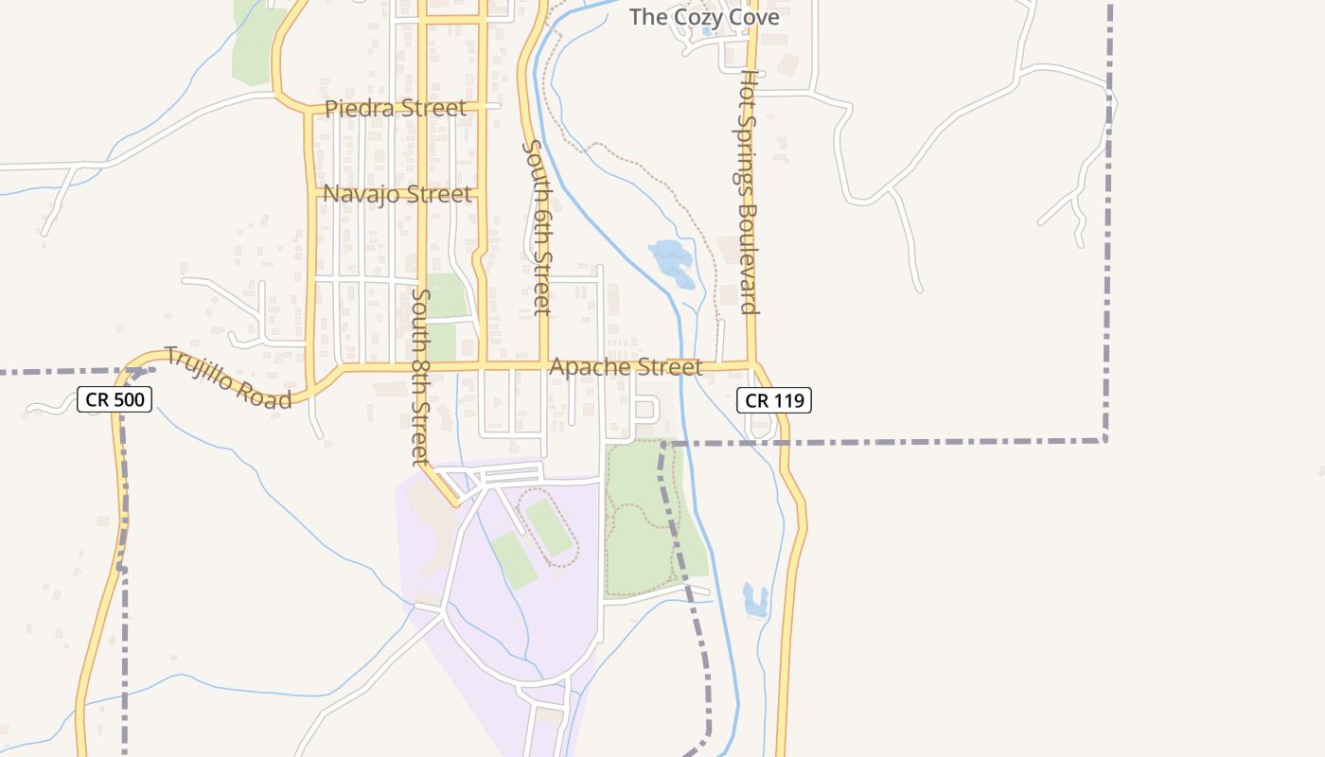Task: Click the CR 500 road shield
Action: click(x=115, y=400)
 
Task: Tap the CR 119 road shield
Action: click(x=774, y=400)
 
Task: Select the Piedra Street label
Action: click(x=396, y=109)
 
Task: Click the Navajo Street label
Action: click(x=397, y=195)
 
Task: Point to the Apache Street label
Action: click(x=626, y=367)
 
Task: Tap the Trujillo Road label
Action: click(x=228, y=378)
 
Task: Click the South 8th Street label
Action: click(x=420, y=377)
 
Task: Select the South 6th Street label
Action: click(x=536, y=227)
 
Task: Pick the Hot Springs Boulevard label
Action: click(x=749, y=191)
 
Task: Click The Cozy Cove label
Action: click(x=704, y=17)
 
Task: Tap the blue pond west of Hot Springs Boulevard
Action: click(x=671, y=259)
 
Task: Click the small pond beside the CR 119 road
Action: click(x=755, y=600)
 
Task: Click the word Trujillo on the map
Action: click(x=203, y=367)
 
